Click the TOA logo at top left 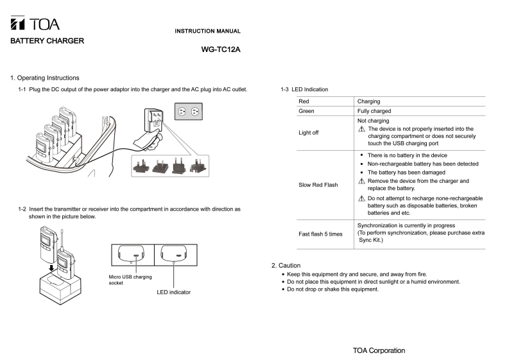click(x=35, y=24)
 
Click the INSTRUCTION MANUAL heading click(x=208, y=31)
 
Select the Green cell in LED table click(x=307, y=111)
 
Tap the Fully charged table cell click(x=374, y=111)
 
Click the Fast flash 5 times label click(x=321, y=234)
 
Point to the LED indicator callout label click(x=173, y=292)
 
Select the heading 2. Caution click(x=286, y=265)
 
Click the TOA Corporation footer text click(x=379, y=350)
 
